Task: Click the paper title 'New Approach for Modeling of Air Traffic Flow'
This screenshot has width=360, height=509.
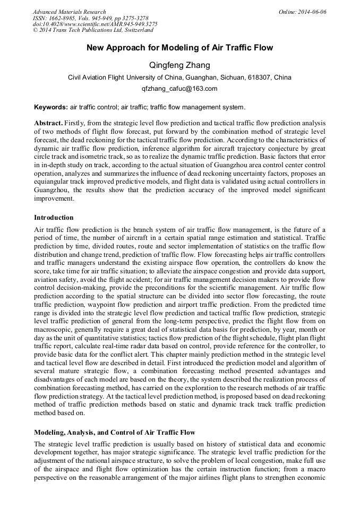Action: point(179,48)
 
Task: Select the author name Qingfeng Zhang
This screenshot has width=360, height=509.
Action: point(179,65)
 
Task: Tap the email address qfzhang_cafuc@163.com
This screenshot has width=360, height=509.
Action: point(179,89)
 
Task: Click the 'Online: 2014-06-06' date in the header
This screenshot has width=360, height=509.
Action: point(303,12)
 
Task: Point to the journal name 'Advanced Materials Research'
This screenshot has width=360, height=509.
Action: point(69,12)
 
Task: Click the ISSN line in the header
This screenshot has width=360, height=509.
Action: point(90,18)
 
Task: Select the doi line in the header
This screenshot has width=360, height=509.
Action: point(95,24)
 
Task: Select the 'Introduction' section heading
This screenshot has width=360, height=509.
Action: point(54,217)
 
